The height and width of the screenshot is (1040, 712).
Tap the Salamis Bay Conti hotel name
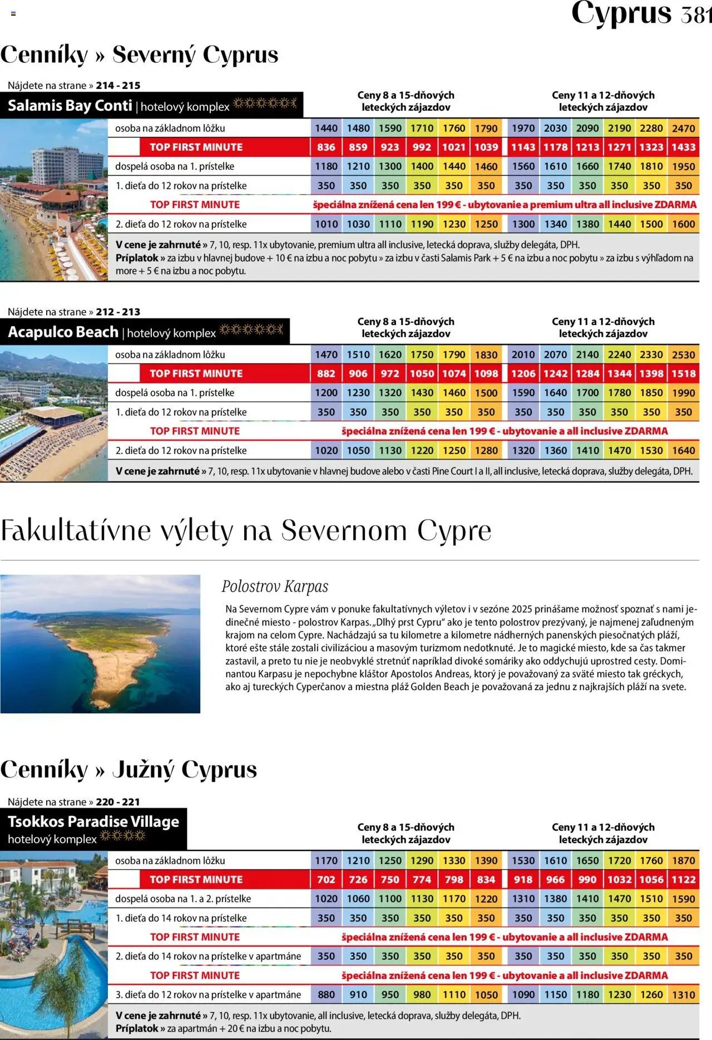click(x=70, y=106)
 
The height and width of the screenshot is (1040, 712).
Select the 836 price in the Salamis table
click(x=326, y=147)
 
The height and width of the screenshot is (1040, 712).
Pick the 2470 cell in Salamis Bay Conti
click(x=683, y=129)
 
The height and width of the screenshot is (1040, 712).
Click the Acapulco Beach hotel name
click(x=63, y=332)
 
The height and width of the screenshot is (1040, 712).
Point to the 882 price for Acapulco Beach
click(x=326, y=374)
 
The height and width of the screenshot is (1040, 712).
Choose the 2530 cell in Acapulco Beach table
click(x=683, y=355)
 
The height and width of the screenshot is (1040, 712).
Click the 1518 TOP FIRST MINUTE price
click(x=683, y=374)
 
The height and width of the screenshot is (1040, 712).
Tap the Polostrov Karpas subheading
click(x=275, y=586)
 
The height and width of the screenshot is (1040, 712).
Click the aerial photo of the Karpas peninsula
click(x=100, y=644)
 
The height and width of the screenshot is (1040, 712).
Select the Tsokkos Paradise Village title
click(x=93, y=822)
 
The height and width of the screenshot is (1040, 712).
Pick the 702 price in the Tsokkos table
click(x=326, y=880)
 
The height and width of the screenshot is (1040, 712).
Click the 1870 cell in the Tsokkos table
click(x=683, y=861)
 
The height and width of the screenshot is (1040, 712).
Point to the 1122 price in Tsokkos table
click(x=683, y=880)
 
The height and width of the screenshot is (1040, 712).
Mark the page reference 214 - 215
click(x=118, y=86)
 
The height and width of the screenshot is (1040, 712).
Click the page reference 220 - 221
click(x=118, y=802)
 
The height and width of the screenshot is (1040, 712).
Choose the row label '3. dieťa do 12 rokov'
click(x=208, y=995)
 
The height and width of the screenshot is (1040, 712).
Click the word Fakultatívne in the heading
click(x=76, y=530)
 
